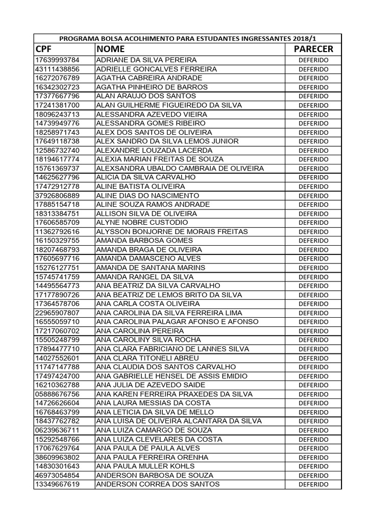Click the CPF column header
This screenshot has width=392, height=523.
(44, 49)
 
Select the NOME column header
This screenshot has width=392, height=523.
(110, 49)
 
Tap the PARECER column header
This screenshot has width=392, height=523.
(313, 49)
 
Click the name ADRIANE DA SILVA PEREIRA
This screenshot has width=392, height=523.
(146, 60)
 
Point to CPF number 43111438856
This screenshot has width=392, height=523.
(57, 69)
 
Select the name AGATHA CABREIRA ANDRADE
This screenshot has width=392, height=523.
(149, 78)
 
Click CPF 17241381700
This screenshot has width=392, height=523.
(57, 105)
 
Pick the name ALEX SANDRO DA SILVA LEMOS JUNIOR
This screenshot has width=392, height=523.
(160, 141)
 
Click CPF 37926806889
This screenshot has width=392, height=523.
(57, 196)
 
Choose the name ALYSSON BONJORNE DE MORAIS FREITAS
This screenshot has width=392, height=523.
(172, 232)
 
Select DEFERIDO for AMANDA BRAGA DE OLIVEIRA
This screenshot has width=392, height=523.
(313, 250)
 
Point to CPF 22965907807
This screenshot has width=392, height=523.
(57, 313)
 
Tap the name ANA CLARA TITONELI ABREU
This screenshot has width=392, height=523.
(148, 358)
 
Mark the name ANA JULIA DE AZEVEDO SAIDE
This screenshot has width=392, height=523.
(151, 385)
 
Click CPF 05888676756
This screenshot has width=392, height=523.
(57, 394)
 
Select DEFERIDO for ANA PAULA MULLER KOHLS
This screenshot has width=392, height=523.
(313, 466)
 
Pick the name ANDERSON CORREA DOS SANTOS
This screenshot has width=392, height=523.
(158, 484)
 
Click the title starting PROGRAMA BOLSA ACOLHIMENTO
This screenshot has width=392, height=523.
(187, 38)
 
